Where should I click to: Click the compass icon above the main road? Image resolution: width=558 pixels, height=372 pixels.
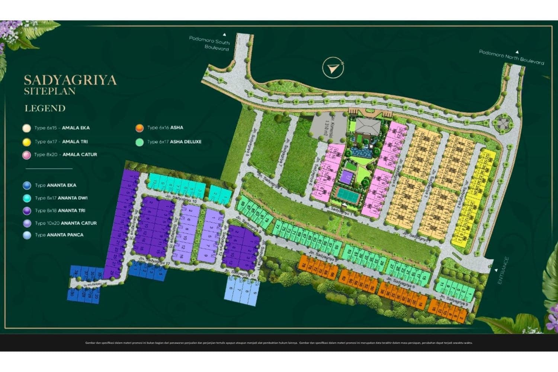pos(333,68)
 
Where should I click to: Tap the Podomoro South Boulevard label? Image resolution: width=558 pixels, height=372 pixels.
pos(209,43)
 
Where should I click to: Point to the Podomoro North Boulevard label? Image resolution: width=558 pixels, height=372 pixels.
pos(511,57)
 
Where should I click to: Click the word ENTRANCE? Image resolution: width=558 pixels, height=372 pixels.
pos(503,270)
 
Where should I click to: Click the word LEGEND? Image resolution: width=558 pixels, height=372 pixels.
pos(45,109)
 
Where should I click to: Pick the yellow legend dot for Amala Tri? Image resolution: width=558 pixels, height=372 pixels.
pos(26,142)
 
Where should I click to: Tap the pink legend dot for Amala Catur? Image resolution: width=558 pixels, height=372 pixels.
pos(26,155)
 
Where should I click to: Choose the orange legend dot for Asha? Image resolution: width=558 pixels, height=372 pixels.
pos(139,128)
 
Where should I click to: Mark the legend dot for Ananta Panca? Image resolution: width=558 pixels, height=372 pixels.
pos(26,235)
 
